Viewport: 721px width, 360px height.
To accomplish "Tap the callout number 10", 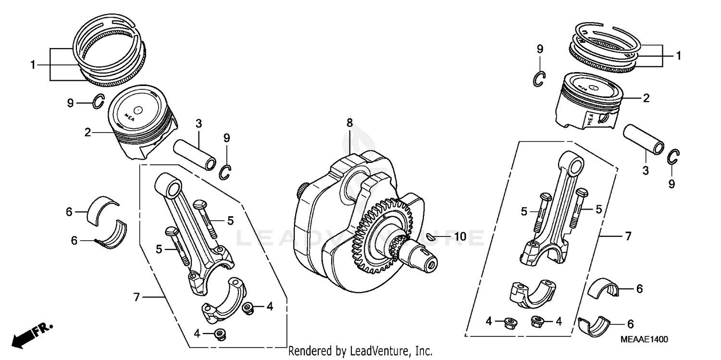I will pos(460,236).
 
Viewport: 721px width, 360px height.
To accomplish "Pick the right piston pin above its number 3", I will pos(644,139).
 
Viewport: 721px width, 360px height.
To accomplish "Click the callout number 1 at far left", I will pos(33,64).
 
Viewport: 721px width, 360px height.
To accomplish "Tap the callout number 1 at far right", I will pos(678,56).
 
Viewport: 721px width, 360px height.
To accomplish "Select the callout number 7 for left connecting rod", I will pos(137,298).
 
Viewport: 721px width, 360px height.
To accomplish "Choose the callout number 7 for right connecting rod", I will pos(628,236).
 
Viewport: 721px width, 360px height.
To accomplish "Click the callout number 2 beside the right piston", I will pos(646,98).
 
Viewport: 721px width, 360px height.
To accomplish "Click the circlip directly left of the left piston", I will pos(99,102).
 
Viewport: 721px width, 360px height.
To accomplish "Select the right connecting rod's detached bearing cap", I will pos(532,291).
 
